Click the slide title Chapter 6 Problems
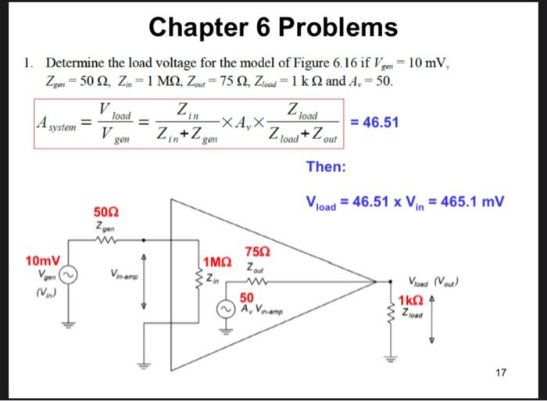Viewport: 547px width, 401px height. [x=273, y=28]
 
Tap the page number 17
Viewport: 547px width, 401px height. [x=500, y=373]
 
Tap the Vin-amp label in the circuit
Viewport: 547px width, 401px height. [x=124, y=274]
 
